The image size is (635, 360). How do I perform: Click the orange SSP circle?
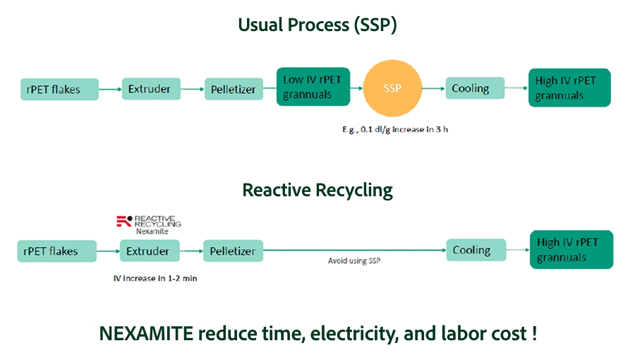click(392, 89)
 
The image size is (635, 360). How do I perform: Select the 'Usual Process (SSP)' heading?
click(317, 25)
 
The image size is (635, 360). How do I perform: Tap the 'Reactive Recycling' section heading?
click(317, 190)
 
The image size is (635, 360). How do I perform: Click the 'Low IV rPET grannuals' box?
click(313, 88)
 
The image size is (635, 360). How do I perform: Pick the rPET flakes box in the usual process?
click(59, 90)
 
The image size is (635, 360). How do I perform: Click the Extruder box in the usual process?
click(150, 89)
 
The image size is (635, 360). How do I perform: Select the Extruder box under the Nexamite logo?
click(149, 251)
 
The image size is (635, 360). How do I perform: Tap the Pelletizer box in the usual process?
click(234, 90)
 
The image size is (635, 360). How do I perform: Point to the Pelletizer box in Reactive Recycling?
click(234, 251)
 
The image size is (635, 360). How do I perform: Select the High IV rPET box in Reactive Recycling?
click(571, 250)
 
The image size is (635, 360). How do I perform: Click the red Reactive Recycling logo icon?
click(123, 222)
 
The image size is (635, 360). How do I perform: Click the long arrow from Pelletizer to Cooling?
click(354, 249)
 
